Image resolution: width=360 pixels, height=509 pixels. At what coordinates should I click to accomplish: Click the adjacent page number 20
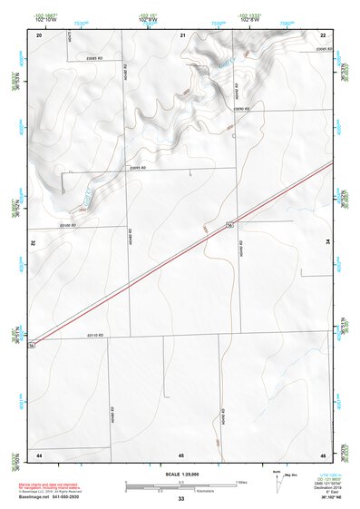(39, 34)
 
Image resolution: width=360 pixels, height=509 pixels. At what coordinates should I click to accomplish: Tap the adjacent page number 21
(182, 34)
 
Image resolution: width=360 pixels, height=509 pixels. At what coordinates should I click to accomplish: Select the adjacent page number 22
(323, 34)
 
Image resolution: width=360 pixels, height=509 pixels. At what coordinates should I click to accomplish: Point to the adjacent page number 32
(34, 243)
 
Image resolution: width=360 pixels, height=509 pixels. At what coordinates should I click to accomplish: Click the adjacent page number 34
(328, 243)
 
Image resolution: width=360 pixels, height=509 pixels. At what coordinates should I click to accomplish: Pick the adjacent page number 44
(39, 454)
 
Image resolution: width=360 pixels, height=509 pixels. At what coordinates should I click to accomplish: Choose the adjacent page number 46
(323, 454)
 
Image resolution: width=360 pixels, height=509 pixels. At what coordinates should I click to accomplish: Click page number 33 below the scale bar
(181, 500)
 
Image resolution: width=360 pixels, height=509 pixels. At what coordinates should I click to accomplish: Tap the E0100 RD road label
(69, 225)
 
